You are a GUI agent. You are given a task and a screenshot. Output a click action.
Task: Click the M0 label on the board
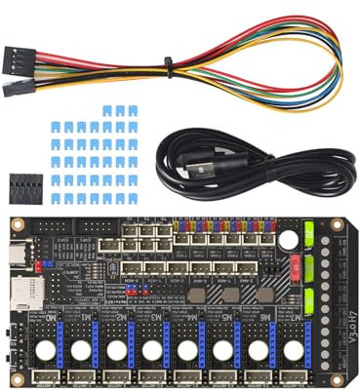pyautogui.click(x=50, y=318)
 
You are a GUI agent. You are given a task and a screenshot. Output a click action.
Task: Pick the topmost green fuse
pyautogui.click(x=309, y=235)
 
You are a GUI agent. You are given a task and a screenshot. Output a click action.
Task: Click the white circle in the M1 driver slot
pyautogui.click(x=82, y=349)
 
